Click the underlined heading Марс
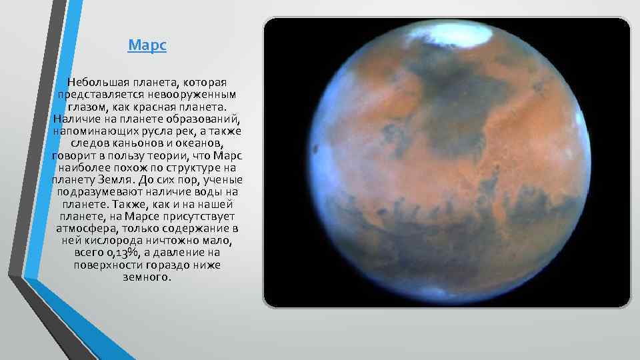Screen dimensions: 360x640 click(147, 46)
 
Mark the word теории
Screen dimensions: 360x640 click(169, 155)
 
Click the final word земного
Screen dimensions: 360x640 click(147, 277)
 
